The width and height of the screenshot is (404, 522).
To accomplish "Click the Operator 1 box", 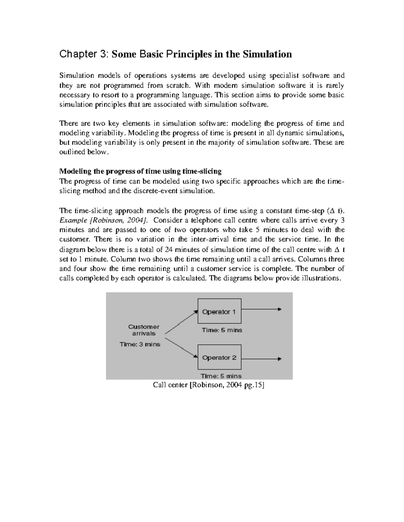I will coord(219,312).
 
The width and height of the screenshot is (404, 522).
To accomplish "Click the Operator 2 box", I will coord(219,358).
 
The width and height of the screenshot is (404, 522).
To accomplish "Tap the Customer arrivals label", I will coord(144,330).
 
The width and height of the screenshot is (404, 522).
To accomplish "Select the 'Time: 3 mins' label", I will coord(140,344).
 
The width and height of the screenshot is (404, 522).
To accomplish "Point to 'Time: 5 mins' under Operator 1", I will coord(222,330).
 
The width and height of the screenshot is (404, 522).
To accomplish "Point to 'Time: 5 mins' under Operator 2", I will coord(221,376).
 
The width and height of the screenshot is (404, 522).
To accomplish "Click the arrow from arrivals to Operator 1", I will coord(181,322).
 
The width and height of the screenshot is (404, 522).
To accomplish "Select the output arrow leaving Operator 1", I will coord(261,309).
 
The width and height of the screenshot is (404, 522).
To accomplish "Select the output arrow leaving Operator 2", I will coord(261,359).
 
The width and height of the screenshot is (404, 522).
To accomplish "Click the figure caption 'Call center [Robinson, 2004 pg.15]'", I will coord(209,385).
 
